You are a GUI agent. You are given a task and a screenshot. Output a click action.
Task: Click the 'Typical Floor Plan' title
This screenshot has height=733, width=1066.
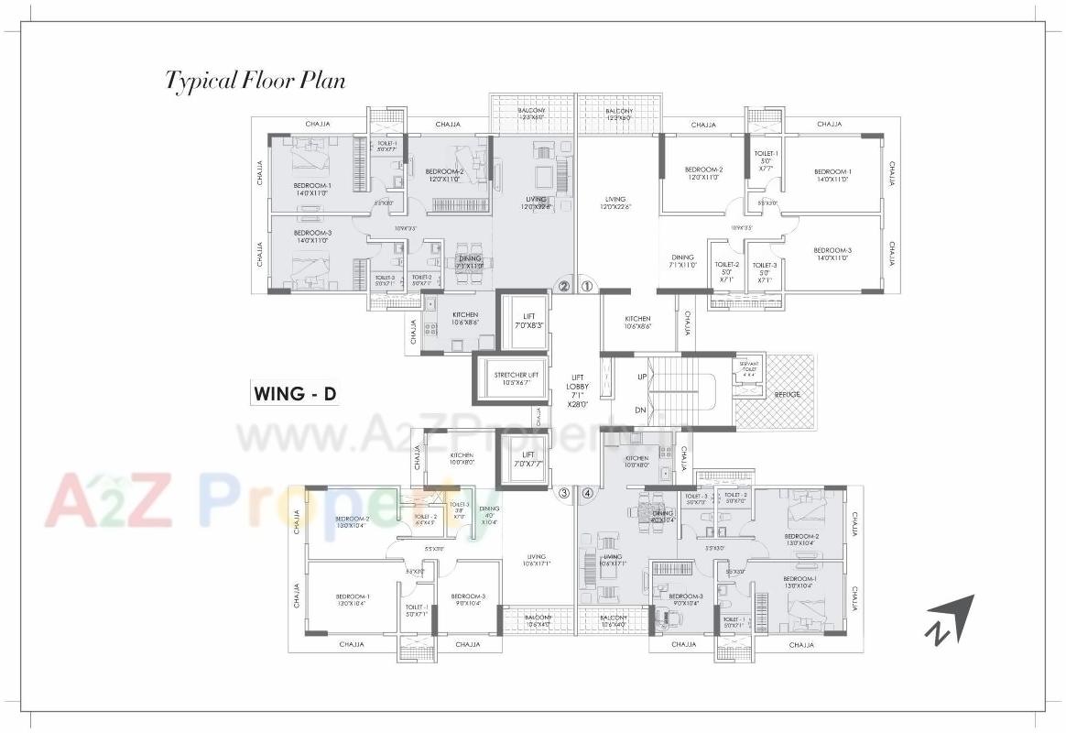pyautogui.click(x=256, y=81)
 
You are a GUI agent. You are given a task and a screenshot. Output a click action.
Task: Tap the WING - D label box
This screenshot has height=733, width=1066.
pyautogui.click(x=294, y=394)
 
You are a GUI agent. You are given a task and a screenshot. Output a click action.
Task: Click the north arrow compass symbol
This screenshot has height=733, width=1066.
pyautogui.click(x=950, y=618)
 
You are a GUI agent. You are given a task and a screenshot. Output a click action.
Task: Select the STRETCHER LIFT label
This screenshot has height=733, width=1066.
pyautogui.click(x=517, y=378)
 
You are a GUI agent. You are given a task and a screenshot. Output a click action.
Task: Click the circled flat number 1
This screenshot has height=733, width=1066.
pyautogui.click(x=587, y=286)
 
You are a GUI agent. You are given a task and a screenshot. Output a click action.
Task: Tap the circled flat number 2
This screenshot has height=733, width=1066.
pyautogui.click(x=564, y=286)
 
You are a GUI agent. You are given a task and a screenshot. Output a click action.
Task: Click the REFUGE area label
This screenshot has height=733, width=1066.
pyautogui.click(x=787, y=394)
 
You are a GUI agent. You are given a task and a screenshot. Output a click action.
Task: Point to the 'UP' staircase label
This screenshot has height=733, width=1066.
pyautogui.click(x=641, y=377)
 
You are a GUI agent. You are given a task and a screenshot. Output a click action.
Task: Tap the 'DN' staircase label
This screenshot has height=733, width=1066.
pyautogui.click(x=641, y=410)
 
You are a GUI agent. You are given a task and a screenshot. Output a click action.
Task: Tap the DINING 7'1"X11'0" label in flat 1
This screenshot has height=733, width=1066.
pyautogui.click(x=682, y=261)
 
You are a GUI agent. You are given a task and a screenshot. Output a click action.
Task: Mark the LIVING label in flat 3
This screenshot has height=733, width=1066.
pyautogui.click(x=537, y=560)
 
